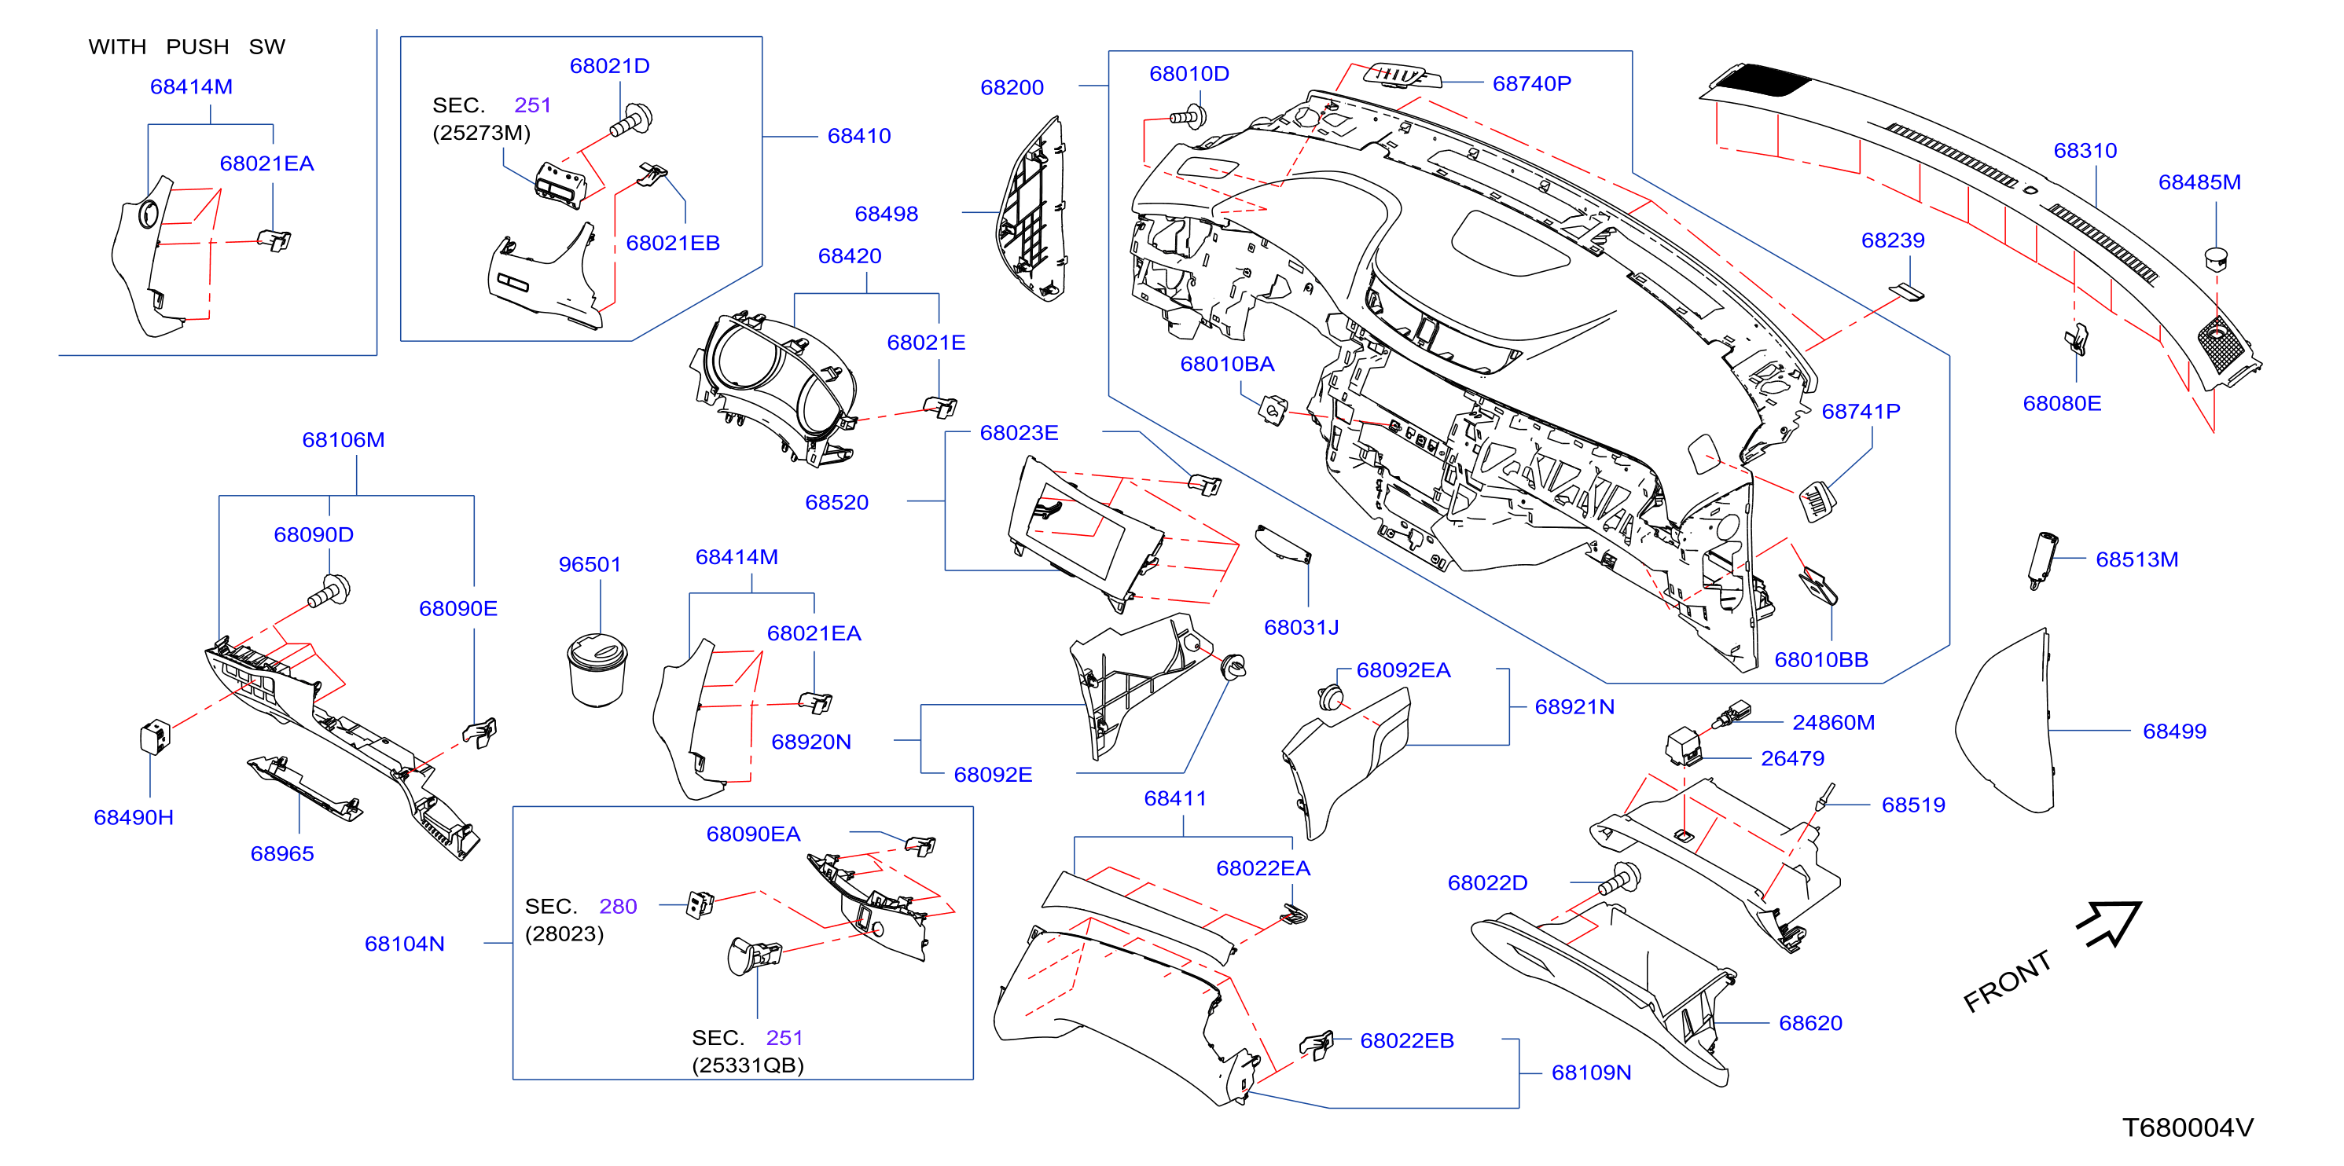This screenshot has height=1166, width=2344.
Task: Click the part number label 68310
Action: pyautogui.click(x=2085, y=151)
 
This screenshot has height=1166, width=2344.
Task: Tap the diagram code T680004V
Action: pyautogui.click(x=2188, y=1127)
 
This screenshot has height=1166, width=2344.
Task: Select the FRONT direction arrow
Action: pyautogui.click(x=2110, y=924)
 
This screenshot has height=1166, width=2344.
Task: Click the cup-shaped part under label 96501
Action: pyautogui.click(x=597, y=670)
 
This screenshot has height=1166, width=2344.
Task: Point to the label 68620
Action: pyautogui.click(x=1809, y=1023)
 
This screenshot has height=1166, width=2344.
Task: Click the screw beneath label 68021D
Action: pyautogui.click(x=631, y=121)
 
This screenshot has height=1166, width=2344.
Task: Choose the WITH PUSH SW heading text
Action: pyautogui.click(x=186, y=46)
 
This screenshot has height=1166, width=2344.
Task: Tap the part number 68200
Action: pyautogui.click(x=1012, y=87)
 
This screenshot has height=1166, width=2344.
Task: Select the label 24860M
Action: pyautogui.click(x=1832, y=722)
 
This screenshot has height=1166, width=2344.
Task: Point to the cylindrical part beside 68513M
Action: pyautogui.click(x=2042, y=559)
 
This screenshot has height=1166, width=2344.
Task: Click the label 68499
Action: pyautogui.click(x=2174, y=731)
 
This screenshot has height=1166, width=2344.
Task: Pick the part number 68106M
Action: pyautogui.click(x=343, y=440)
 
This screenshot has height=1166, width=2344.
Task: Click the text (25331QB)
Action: pyautogui.click(x=748, y=1065)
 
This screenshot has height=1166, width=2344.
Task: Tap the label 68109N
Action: pyautogui.click(x=1591, y=1072)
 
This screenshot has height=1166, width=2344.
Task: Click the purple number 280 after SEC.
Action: pyautogui.click(x=618, y=907)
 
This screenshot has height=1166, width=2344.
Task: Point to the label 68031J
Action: pyautogui.click(x=1300, y=628)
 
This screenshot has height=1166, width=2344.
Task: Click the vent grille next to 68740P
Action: pyautogui.click(x=1402, y=75)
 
